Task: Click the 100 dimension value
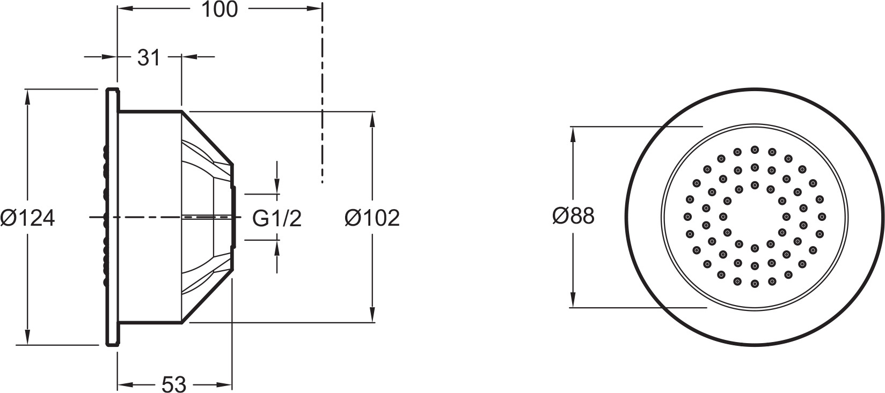[220, 10]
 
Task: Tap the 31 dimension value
[149, 57]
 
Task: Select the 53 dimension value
[174, 384]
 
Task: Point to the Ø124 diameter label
[27, 218]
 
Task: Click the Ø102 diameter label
[372, 218]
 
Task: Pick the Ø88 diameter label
[573, 216]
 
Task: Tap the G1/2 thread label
[277, 218]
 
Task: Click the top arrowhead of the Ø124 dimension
[27, 97]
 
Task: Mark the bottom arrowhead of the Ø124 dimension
[27, 337]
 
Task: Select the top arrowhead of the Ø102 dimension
[372, 120]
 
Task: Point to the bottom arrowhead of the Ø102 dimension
[372, 315]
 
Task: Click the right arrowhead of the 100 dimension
[314, 9]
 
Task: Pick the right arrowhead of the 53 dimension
[224, 384]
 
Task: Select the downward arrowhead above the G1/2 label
[277, 186]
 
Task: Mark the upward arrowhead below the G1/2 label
[277, 247]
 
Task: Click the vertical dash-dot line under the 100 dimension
[323, 93]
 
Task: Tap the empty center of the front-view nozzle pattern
[755, 217]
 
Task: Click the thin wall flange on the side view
[112, 217]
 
